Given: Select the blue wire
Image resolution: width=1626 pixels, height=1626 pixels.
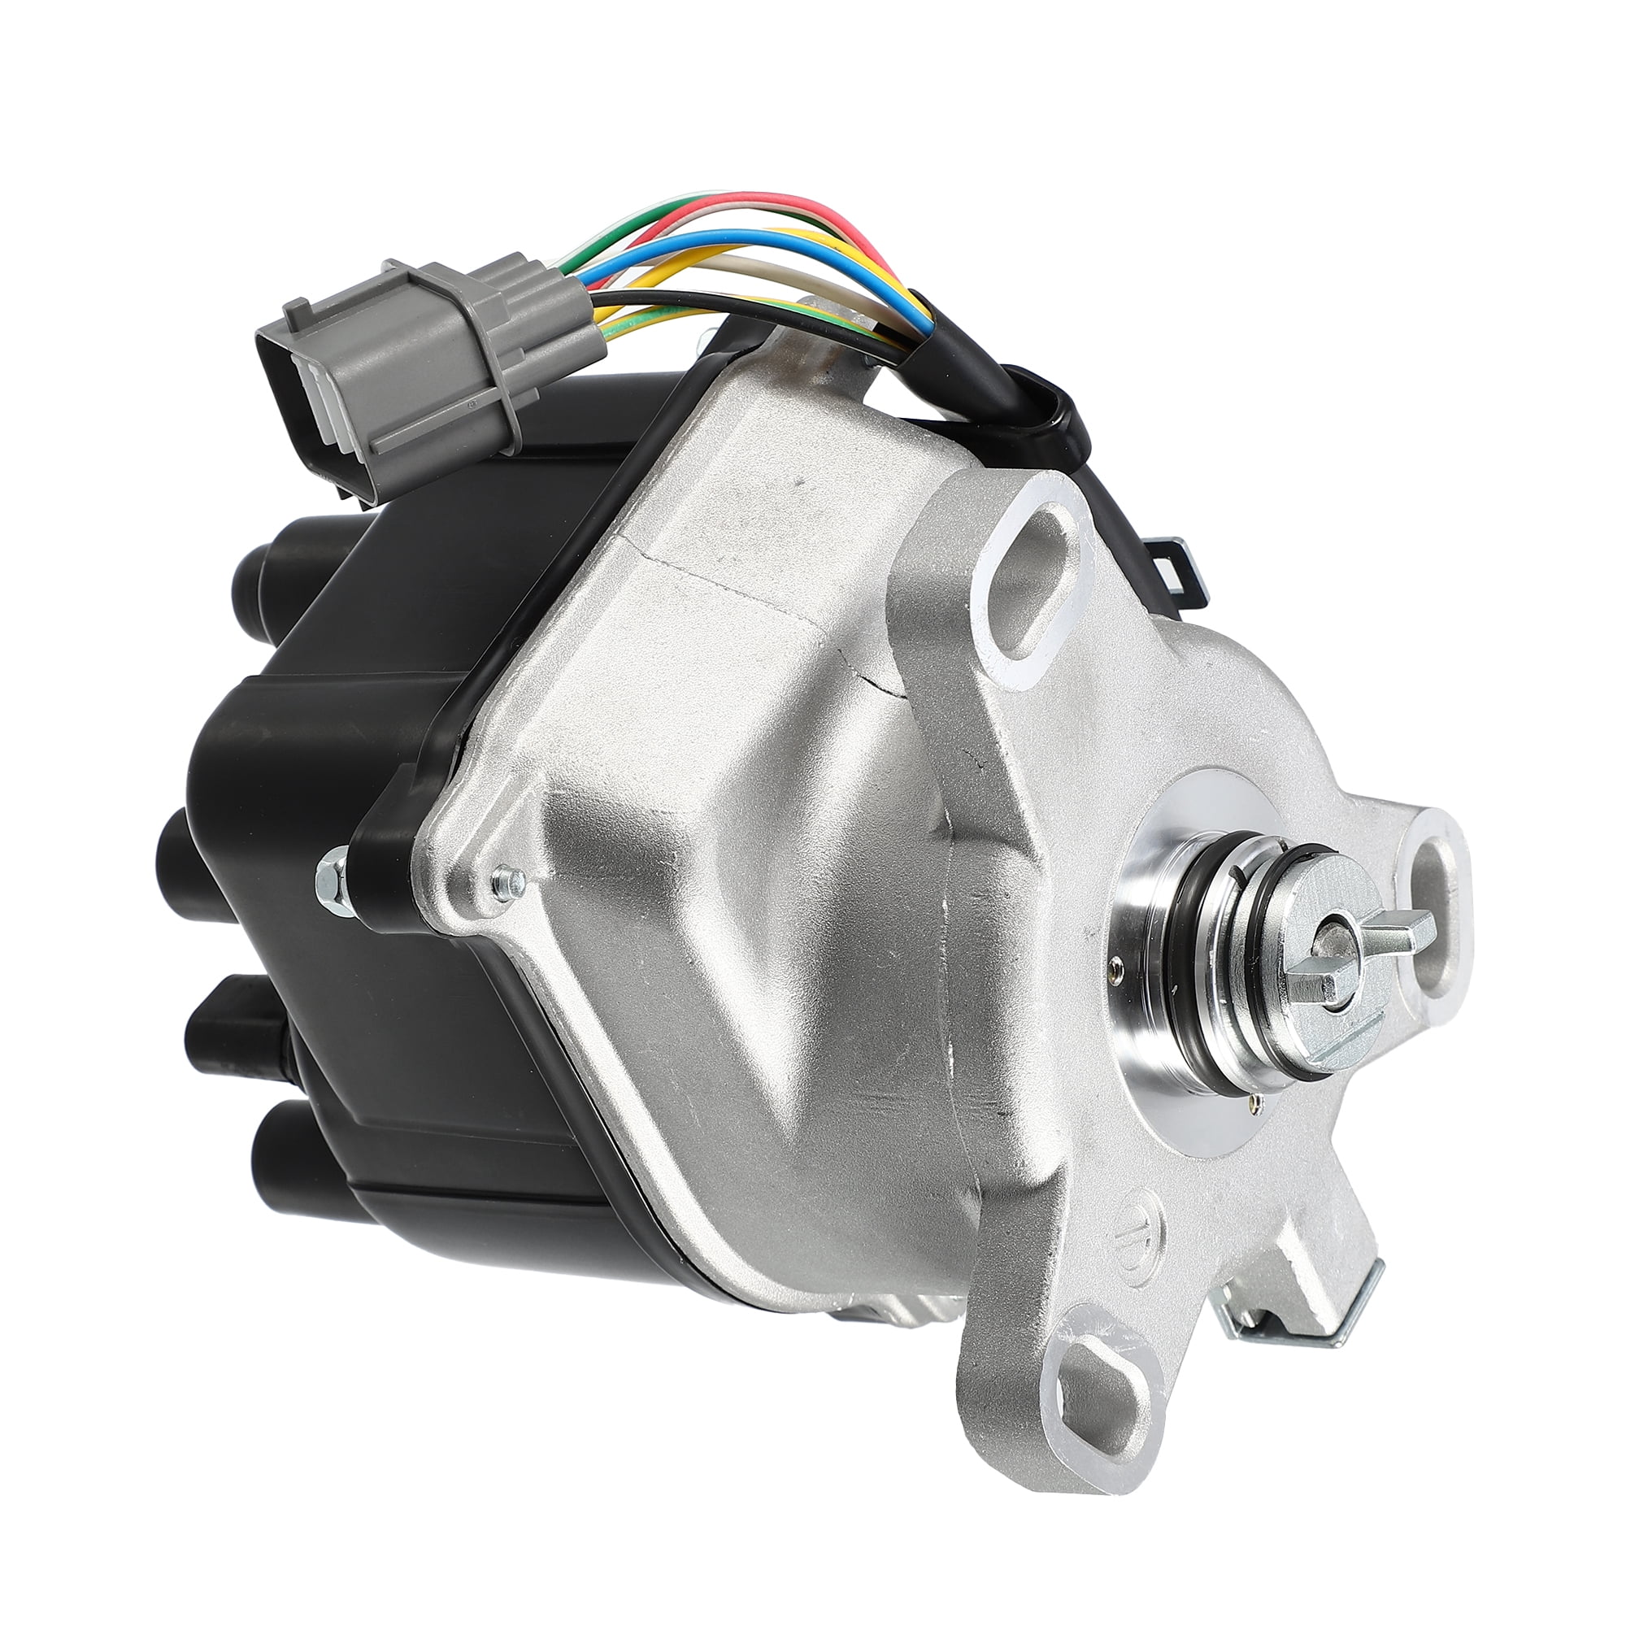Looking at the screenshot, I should pyautogui.click(x=673, y=244).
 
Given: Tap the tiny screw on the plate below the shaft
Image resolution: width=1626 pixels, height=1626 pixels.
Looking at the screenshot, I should pyautogui.click(x=1256, y=1098).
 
